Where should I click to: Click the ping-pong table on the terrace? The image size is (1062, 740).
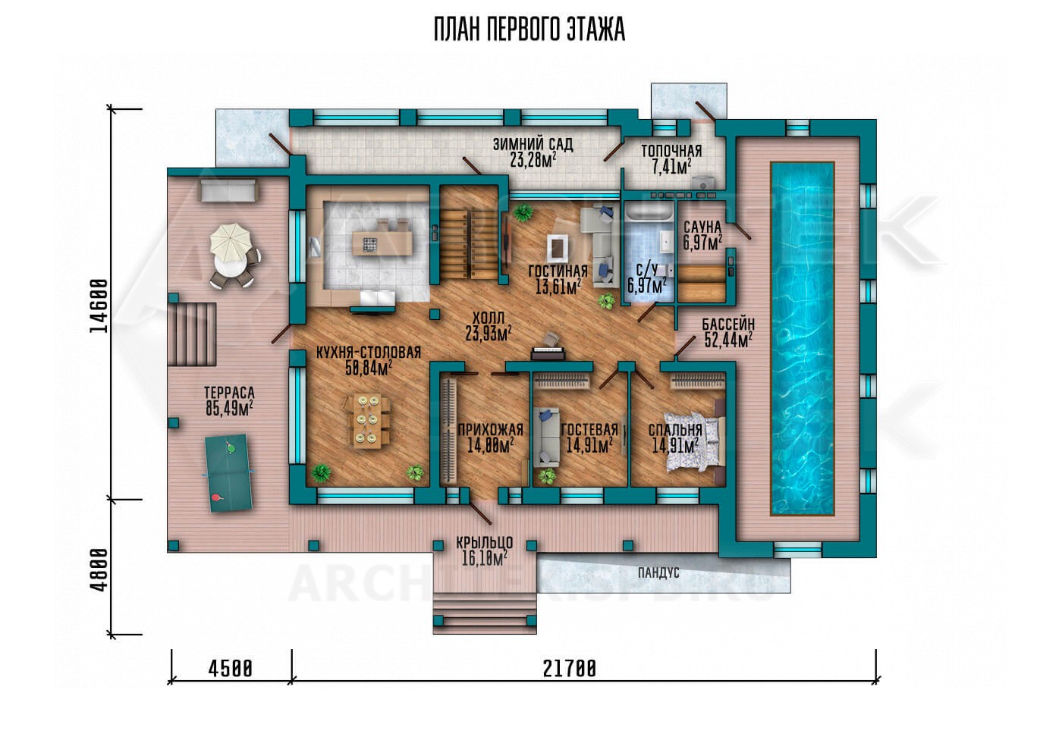228,472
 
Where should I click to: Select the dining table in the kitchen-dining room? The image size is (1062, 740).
367,420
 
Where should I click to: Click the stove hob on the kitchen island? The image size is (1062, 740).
370,244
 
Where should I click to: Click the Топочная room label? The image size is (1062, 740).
671,151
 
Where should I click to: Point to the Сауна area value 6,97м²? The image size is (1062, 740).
702,243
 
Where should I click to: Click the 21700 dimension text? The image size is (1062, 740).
570,669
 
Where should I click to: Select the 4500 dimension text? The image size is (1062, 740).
231,669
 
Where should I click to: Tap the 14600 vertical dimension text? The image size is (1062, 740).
99,306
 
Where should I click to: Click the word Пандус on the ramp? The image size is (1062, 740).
658,573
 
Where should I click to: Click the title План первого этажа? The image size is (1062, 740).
529,30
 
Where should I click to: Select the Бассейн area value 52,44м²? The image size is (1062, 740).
727,340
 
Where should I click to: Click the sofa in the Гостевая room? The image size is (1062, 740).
546,437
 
